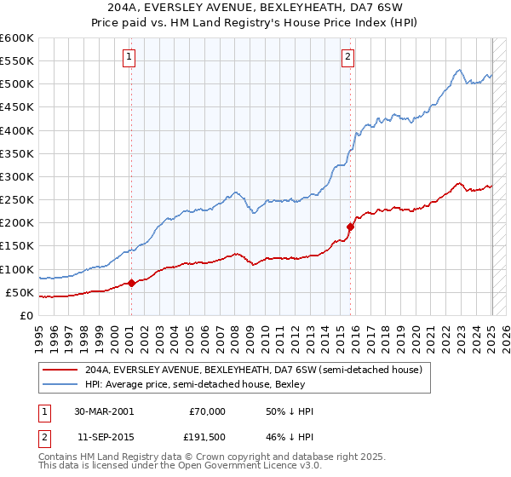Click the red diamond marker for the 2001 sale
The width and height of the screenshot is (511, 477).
click(132, 284)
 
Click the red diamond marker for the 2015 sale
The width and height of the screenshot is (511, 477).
click(350, 227)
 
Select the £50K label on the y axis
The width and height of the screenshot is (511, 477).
click(20, 293)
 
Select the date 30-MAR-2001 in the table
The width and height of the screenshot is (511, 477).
click(104, 411)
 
